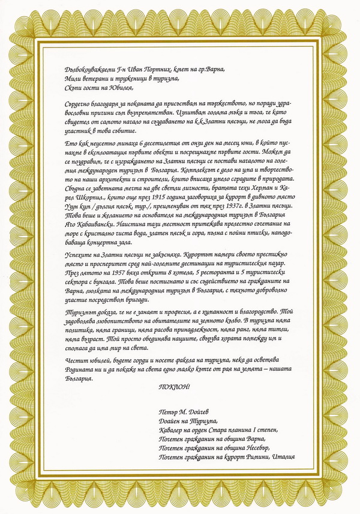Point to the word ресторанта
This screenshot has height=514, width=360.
click(x=201, y=270)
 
